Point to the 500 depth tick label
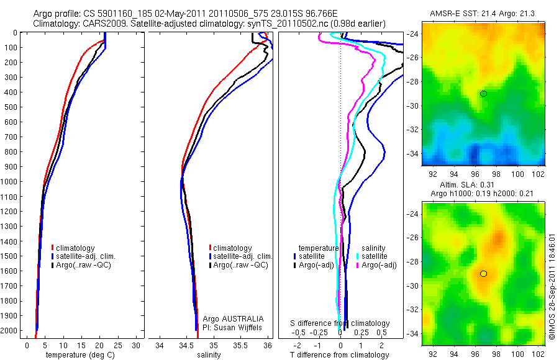tap(11, 107)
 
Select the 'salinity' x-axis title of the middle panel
tap(209, 356)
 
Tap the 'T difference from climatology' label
tap(341, 356)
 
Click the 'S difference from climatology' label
tap(340, 323)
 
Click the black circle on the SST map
tap(483, 94)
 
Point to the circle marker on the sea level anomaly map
tap(483, 274)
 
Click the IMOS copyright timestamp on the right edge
tap(552, 287)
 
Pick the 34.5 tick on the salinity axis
tap(186, 345)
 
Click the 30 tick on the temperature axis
tap(137, 345)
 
